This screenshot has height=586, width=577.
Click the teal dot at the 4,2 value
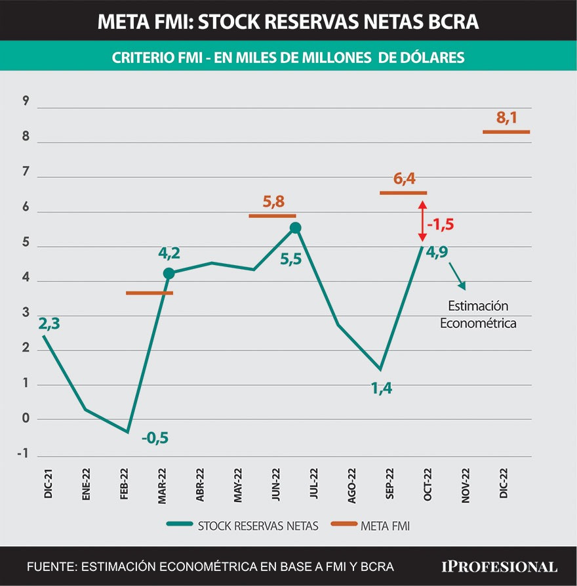pos(169,274)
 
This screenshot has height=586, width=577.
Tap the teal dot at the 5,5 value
pos(295,228)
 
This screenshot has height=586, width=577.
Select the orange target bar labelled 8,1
pos(506,132)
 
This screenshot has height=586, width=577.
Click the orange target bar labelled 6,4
pos(403,193)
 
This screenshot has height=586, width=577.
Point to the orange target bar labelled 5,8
pos(272,215)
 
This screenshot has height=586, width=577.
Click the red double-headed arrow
pos(422,222)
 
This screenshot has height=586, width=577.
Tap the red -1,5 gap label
pos(441,224)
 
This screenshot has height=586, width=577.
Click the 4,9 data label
pos(439,253)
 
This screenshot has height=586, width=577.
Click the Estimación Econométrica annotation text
pos(478,314)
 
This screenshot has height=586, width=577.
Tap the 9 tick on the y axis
pos(26,101)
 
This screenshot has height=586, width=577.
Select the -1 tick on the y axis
pos(24,454)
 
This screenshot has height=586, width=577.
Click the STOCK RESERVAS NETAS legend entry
pos(244,524)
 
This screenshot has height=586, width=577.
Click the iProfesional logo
pos(498,566)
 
